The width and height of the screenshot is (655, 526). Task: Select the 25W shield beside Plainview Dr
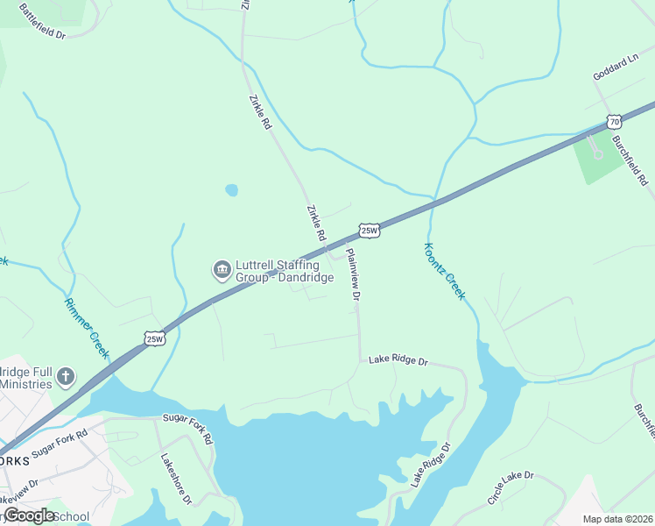[x=370, y=231]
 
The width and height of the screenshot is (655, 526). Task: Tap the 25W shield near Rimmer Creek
[x=155, y=338]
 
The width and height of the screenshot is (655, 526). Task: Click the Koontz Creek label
[x=444, y=272]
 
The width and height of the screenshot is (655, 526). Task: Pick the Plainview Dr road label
[x=353, y=275]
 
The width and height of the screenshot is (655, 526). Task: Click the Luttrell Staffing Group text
[x=285, y=268]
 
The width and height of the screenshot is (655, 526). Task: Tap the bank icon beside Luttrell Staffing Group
[x=222, y=268]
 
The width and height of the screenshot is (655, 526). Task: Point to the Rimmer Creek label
[x=86, y=327]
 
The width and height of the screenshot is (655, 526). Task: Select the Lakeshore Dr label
[x=175, y=479]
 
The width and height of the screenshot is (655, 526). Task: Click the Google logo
[x=29, y=515]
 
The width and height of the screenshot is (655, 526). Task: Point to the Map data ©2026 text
[x=617, y=519]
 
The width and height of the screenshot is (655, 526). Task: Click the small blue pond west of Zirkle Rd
[x=231, y=189]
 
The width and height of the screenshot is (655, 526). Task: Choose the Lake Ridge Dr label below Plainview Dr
[x=398, y=360]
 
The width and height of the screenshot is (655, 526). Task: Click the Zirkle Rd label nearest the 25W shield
[x=316, y=224]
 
